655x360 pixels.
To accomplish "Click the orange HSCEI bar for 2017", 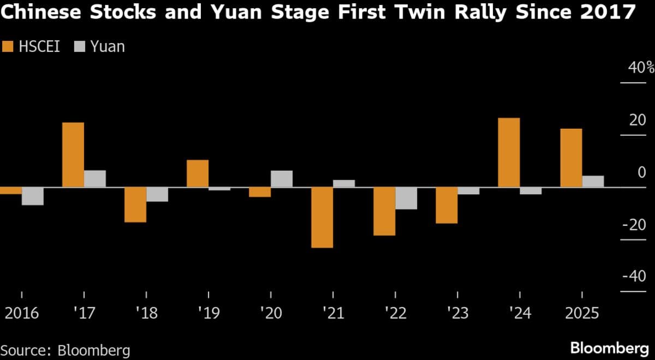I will (x=73, y=155).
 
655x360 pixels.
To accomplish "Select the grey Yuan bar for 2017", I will (x=95, y=179).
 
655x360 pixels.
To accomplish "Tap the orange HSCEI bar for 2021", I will (x=322, y=218).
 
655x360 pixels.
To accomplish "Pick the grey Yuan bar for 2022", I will (x=406, y=199).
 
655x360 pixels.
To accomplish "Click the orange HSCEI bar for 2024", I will (x=509, y=153).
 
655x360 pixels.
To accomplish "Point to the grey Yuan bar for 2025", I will (x=593, y=182).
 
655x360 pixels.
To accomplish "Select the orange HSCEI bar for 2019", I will (x=198, y=173).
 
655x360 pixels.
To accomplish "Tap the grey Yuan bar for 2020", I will (x=282, y=179).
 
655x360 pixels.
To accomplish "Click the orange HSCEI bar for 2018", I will (x=135, y=205).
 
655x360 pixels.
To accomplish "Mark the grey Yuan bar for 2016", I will (x=33, y=196).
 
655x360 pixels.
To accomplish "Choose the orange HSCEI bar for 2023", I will (x=446, y=206).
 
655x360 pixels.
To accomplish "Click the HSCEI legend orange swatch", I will (x=8, y=47).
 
